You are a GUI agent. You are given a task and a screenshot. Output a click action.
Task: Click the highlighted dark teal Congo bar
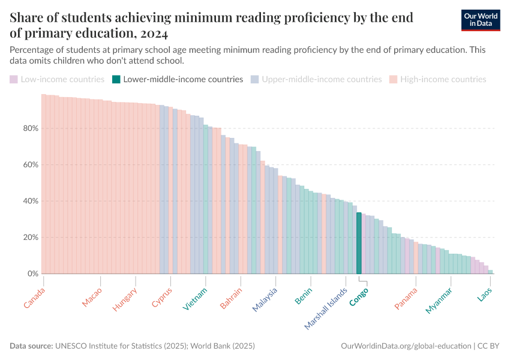359,243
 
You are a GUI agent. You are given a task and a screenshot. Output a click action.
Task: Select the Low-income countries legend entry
57,79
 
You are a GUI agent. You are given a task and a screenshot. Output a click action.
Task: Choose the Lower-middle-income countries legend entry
178,79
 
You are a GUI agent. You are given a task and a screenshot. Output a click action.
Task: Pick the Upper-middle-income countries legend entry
317,79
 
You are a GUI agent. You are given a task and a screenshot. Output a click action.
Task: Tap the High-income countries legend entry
438,79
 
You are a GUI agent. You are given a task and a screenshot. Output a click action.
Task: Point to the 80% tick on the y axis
31,128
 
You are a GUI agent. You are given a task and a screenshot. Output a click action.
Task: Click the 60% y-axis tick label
31,164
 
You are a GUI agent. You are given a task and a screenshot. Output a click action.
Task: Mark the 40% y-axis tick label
31,201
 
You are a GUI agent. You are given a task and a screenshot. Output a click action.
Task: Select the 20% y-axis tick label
31,238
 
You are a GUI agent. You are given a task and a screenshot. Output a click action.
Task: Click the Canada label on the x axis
34,298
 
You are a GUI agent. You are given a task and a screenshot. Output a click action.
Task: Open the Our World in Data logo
481,20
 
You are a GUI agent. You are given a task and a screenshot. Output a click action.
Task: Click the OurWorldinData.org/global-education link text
405,346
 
